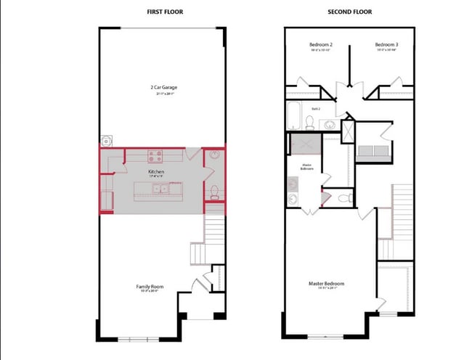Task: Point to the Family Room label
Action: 150,287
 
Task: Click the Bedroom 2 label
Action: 320,45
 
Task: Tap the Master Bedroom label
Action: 327,283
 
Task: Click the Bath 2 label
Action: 317,108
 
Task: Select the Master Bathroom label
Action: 307,166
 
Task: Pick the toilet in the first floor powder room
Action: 213,192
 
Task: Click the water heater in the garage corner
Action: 107,140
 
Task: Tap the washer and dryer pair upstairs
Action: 373,151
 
